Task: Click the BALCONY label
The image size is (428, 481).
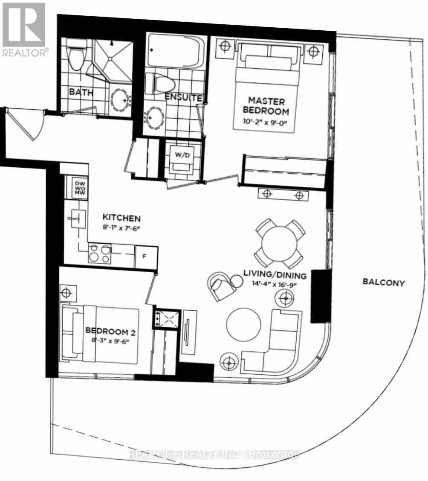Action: coord(384,282)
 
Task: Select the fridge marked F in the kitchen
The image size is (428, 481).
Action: coord(146,256)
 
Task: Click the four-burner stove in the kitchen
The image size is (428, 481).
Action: coord(99,253)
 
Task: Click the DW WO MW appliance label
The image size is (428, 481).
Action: coord(80,188)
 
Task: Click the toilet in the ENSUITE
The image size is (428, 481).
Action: coord(160,84)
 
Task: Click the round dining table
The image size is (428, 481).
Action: coord(279,243)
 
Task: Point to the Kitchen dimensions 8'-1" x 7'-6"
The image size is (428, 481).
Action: coord(121,228)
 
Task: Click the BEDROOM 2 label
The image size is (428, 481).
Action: coord(110,331)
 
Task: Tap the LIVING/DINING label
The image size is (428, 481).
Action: coord(275,275)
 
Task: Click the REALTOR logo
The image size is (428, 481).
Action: coord(24,29)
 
